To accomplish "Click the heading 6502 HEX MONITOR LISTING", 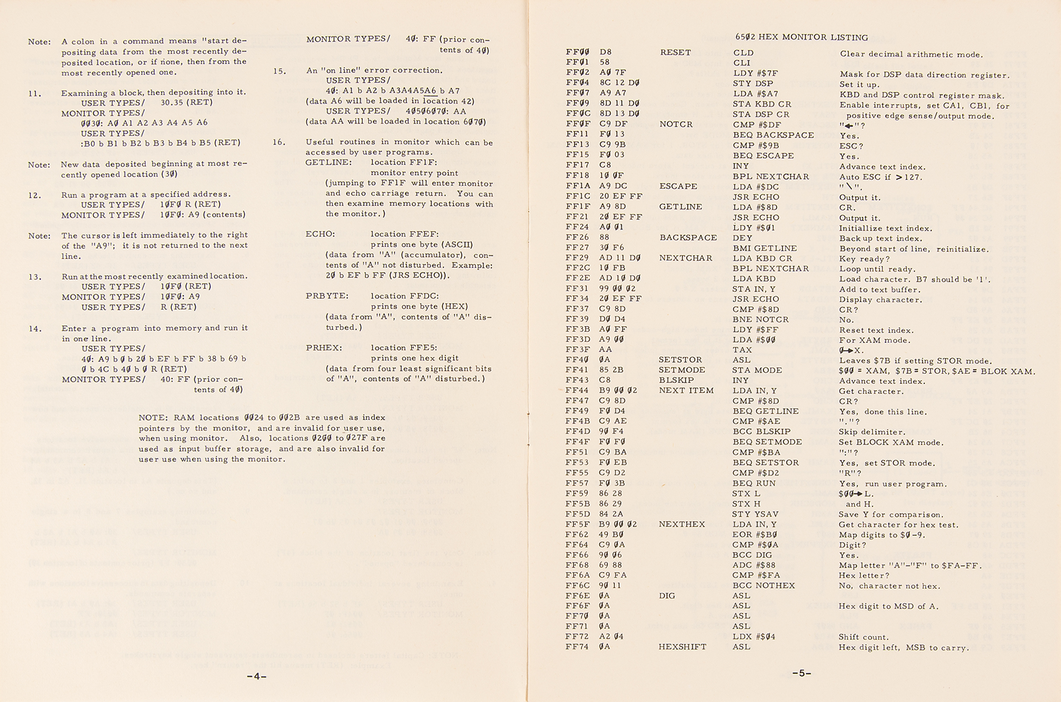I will click(x=801, y=37).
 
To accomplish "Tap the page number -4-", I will click(x=256, y=677).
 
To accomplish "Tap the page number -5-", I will click(x=802, y=673).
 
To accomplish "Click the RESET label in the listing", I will click(x=675, y=53).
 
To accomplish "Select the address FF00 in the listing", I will click(x=577, y=52).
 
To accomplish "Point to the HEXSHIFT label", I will click(x=682, y=647).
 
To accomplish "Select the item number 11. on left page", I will click(x=35, y=93).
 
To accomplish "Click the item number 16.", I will click(x=279, y=142).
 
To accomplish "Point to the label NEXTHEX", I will click(x=682, y=524).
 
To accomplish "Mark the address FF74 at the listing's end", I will click(x=577, y=647).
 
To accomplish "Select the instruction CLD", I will click(x=743, y=53).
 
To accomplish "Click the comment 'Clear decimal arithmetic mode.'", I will click(x=911, y=54).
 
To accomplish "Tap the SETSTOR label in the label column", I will click(x=680, y=359).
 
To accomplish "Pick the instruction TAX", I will click(x=742, y=350).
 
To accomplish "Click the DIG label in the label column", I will click(x=667, y=596).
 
